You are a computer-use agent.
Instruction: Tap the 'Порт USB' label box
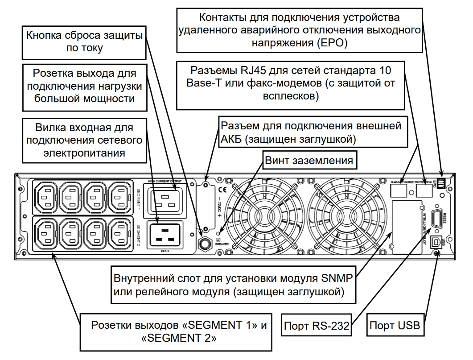point(395,326)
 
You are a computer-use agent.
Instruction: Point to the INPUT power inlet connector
point(165,235)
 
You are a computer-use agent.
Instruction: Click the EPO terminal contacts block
point(441,182)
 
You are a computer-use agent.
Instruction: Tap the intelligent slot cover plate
point(407,227)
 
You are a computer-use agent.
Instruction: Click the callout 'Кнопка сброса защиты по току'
point(85,41)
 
